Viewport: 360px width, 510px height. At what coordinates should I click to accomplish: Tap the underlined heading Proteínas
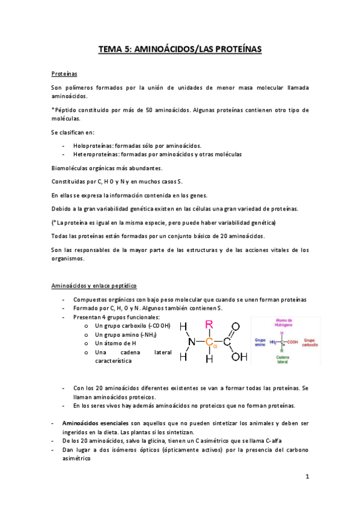coord(64,74)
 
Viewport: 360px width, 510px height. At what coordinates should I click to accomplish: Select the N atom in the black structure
coord(191,342)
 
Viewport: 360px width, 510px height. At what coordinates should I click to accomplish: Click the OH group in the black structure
coord(239,357)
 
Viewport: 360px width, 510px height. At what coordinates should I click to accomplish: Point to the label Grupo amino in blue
coord(259,341)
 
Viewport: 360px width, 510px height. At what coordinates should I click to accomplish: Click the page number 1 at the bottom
coord(307,478)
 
